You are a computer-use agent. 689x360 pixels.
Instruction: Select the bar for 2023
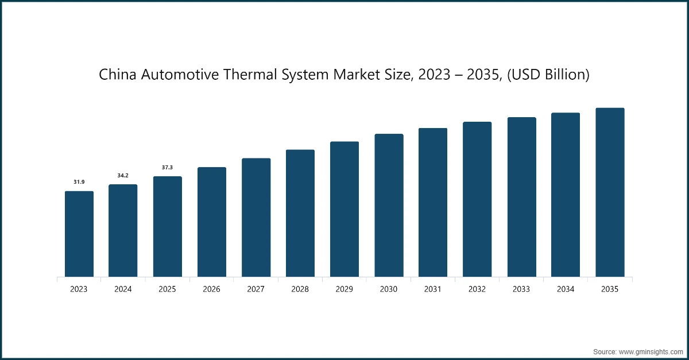79,234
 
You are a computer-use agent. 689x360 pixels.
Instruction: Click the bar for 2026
211,222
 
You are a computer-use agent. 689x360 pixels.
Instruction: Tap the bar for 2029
344,210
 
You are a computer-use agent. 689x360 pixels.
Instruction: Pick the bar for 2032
477,200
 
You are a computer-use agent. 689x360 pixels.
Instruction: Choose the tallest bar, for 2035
610,192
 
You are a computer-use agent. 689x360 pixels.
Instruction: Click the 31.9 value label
79,182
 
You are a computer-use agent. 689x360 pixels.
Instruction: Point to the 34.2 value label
123,175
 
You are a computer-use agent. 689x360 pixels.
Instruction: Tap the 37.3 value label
167,167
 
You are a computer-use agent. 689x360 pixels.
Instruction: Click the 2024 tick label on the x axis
123,289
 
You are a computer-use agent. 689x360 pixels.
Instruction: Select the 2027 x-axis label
256,289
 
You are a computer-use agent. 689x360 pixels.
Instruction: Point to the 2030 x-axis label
389,289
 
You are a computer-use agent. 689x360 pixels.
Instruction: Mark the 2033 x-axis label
521,289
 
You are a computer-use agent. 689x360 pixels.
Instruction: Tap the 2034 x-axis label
566,289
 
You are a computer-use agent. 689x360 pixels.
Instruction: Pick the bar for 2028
300,214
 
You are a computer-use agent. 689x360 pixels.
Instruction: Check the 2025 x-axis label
167,289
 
